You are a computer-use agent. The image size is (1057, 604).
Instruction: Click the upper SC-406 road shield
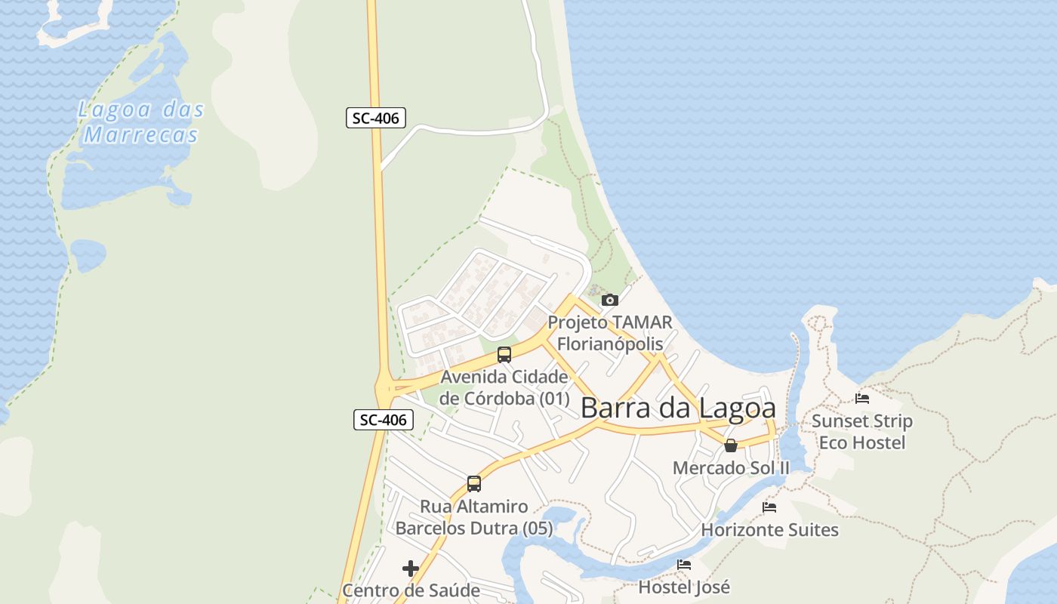(x=376, y=118)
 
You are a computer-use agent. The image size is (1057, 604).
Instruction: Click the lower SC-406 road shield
(x=384, y=420)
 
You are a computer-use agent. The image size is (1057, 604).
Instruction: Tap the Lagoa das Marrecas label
(x=141, y=122)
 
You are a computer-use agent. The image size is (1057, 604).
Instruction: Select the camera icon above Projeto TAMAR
(x=610, y=300)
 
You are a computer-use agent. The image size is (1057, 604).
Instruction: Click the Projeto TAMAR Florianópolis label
(x=609, y=333)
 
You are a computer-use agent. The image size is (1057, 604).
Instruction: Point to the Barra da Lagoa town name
(x=678, y=408)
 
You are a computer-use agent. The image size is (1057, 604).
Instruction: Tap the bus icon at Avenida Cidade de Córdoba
(x=504, y=354)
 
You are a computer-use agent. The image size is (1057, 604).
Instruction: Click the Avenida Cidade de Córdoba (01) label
(x=504, y=387)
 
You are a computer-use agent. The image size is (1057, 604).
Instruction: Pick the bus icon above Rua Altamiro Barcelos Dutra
(x=474, y=484)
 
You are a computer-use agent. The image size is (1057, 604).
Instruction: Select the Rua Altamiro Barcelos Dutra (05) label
(x=474, y=517)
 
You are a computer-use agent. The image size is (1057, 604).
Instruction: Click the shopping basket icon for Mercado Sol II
(x=731, y=445)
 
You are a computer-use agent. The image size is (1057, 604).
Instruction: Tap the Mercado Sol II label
(x=731, y=468)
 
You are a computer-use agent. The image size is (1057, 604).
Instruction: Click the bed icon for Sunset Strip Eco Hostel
(x=862, y=398)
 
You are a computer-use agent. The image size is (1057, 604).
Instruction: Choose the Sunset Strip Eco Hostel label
(x=862, y=431)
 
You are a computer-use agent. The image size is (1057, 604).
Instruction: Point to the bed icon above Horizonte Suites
(x=769, y=507)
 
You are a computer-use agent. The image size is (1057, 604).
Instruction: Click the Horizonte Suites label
(x=769, y=530)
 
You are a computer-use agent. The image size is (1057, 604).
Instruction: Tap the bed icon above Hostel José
(x=684, y=564)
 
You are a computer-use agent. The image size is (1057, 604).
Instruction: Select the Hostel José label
(x=684, y=587)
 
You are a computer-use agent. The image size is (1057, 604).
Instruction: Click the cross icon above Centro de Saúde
(x=411, y=568)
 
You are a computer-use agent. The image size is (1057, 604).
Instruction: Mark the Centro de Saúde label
(x=411, y=590)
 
